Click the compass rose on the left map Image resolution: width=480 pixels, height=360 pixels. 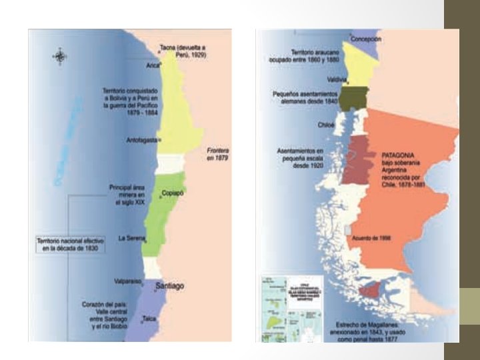point(59,56)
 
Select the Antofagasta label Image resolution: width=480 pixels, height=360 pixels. point(141,140)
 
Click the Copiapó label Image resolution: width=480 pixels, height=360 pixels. point(173,193)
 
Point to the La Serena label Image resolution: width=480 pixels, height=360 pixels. point(131,238)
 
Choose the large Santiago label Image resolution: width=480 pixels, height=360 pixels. point(169,286)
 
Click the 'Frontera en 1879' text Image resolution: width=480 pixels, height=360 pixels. point(218,155)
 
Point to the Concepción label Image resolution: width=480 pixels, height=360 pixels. point(367,39)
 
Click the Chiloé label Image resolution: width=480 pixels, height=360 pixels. point(327,124)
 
